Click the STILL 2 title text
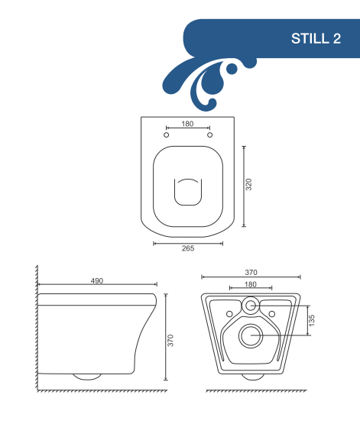[316, 38]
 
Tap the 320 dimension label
[248, 184]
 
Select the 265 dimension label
[188, 248]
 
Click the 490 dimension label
[97, 281]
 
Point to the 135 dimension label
[312, 320]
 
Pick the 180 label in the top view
[187, 124]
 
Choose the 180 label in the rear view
[251, 284]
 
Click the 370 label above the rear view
[251, 272]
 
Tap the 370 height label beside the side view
[170, 341]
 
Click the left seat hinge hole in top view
[167, 134]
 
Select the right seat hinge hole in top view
[209, 134]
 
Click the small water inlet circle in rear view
[251, 306]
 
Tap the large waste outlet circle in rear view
[251, 335]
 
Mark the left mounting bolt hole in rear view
[229, 314]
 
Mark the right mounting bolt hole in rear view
[272, 314]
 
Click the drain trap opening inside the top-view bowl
[188, 192]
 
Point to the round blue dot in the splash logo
[232, 69]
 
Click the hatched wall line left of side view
[37, 328]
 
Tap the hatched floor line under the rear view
[256, 390]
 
